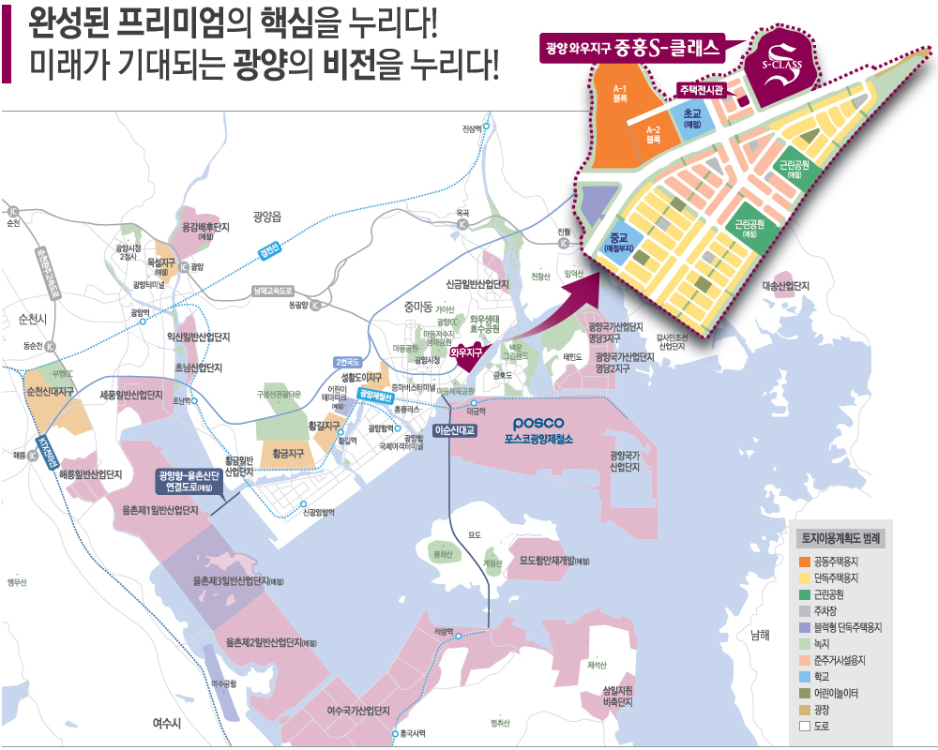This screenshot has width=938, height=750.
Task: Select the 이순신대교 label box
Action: pos(456,430)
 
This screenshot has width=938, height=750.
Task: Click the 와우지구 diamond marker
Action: pos(465,352)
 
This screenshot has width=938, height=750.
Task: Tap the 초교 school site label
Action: pos(693,117)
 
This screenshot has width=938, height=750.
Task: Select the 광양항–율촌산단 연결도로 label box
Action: pos(189,480)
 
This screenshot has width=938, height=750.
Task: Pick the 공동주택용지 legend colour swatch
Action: pos(804,562)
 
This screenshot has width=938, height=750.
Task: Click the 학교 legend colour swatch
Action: pos(804,676)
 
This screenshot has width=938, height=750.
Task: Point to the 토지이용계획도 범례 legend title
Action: pos(840,539)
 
